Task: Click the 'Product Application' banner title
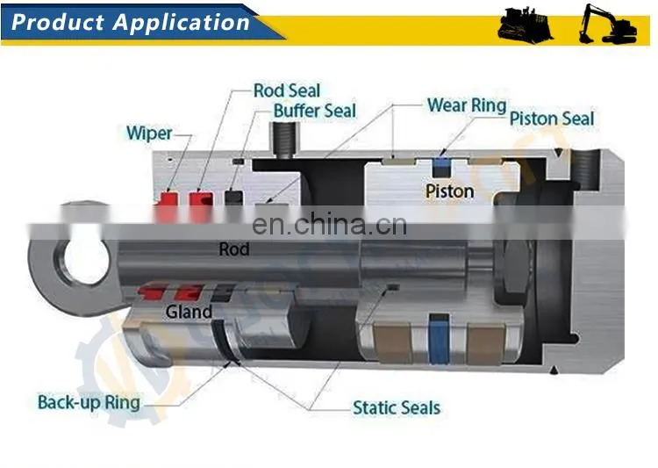tap(131, 22)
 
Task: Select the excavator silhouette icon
tap(607, 24)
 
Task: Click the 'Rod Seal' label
tap(287, 90)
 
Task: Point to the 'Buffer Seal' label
tap(315, 111)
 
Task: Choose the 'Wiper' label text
tap(149, 133)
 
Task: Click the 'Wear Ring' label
tap(467, 105)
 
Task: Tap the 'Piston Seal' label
tap(552, 119)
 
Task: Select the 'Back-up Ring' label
tap(89, 402)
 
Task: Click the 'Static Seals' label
tap(397, 407)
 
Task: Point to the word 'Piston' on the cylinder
tap(449, 191)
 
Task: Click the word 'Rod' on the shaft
tap(234, 249)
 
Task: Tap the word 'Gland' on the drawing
tap(189, 312)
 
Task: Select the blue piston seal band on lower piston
tap(439, 339)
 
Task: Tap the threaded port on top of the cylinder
tap(284, 140)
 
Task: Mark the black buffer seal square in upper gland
tap(233, 197)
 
